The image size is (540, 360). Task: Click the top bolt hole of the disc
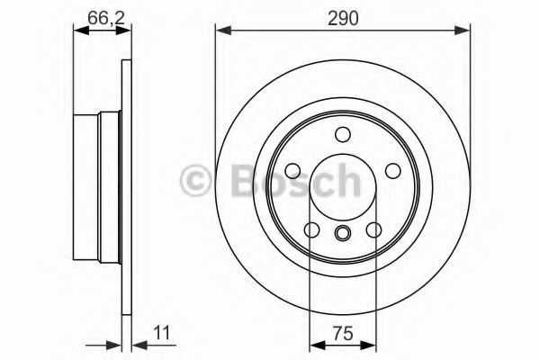point(342,135)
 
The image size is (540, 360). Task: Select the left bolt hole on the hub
point(292,171)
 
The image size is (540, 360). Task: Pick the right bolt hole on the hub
point(392,171)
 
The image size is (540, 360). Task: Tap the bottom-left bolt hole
point(311,230)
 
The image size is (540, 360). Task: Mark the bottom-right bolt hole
point(373,230)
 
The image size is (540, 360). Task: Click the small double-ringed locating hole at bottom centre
point(342,235)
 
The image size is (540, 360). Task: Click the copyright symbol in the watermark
point(197,179)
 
